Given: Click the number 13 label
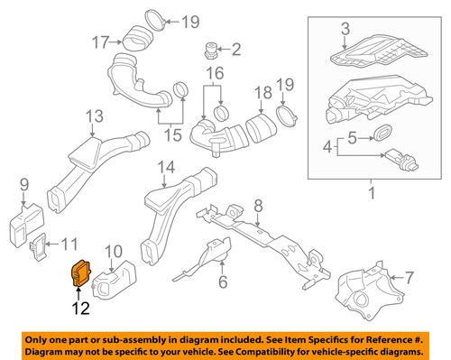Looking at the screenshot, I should click(x=95, y=115).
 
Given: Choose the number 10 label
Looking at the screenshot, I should click(x=115, y=250).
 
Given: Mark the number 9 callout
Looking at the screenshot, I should click(x=23, y=187).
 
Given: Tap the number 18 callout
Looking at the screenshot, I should click(x=262, y=91).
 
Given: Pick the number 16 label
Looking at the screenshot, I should click(x=214, y=72).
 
